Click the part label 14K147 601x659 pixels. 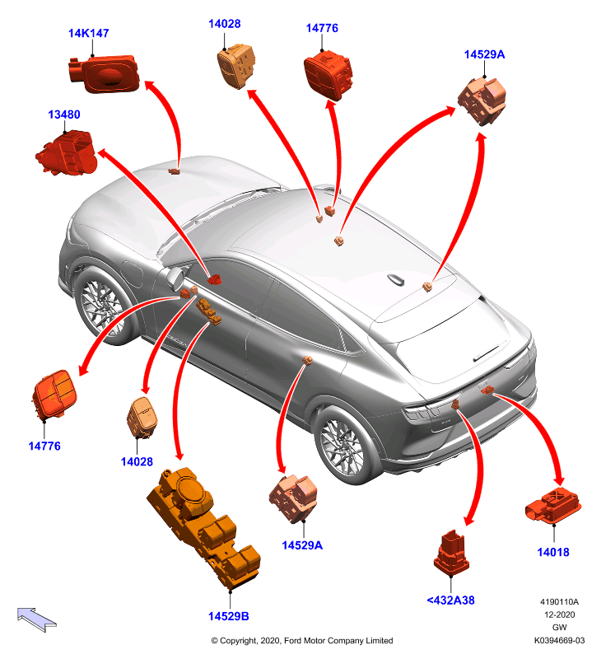89,33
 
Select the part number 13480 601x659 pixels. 64,115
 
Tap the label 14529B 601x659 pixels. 229,616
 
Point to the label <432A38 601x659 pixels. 450,601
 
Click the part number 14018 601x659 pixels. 553,552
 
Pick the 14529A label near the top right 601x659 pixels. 484,54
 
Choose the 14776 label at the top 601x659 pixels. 322,28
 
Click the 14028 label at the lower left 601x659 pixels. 137,462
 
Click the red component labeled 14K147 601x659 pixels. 105,73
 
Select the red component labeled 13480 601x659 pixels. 68,152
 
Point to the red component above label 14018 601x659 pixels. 553,506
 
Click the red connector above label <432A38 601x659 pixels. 451,553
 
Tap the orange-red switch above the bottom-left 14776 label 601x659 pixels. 54,395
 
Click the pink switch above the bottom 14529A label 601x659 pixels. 293,498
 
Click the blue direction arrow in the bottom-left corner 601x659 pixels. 36,619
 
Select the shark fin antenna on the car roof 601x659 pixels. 396,279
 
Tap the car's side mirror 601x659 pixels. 175,278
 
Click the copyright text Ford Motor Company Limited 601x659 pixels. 338,641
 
